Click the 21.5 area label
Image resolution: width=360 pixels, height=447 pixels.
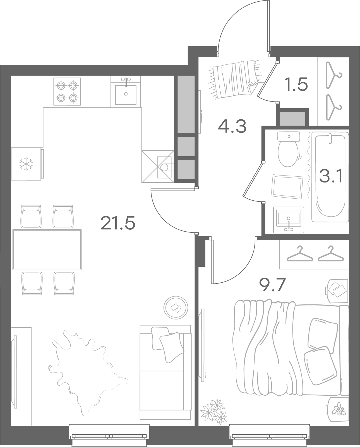pos(117,223)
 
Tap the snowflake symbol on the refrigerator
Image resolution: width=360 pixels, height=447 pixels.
pos(26,164)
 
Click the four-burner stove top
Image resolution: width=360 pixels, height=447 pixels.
pos(67,92)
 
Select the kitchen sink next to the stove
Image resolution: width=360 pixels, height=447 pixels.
pos(126,92)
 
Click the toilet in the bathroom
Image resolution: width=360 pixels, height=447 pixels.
pos(288,149)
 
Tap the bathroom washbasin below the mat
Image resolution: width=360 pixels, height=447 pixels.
pos(289,220)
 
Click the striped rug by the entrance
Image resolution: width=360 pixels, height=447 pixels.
pos(235,79)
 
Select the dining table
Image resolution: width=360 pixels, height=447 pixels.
pos(47,249)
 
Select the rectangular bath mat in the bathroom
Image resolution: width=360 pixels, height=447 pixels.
pos(287,186)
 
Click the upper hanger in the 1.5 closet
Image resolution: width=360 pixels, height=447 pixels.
pos(333,76)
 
